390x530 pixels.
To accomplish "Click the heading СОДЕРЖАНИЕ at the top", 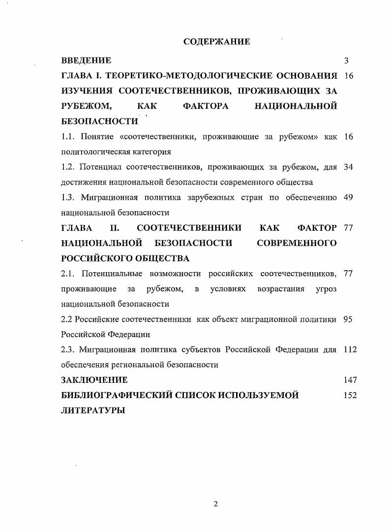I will coord(216,42).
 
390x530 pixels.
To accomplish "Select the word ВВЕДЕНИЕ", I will coord(86,61).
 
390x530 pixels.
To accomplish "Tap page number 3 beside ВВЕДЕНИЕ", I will coord(346,61).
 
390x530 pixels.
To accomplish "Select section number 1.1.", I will coord(68,137).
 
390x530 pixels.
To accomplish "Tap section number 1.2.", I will coord(68,167).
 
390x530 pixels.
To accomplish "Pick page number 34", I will coord(348,167).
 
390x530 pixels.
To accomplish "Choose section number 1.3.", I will coord(68,198).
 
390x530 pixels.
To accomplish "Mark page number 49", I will coord(348,198).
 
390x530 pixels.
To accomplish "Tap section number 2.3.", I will coord(68,350).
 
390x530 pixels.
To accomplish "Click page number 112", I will coord(350,350).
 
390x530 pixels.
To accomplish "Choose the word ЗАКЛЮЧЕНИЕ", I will coord(94,380).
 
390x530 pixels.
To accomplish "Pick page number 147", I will coord(350,380).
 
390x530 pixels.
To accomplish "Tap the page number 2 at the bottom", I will coord(215,503).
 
